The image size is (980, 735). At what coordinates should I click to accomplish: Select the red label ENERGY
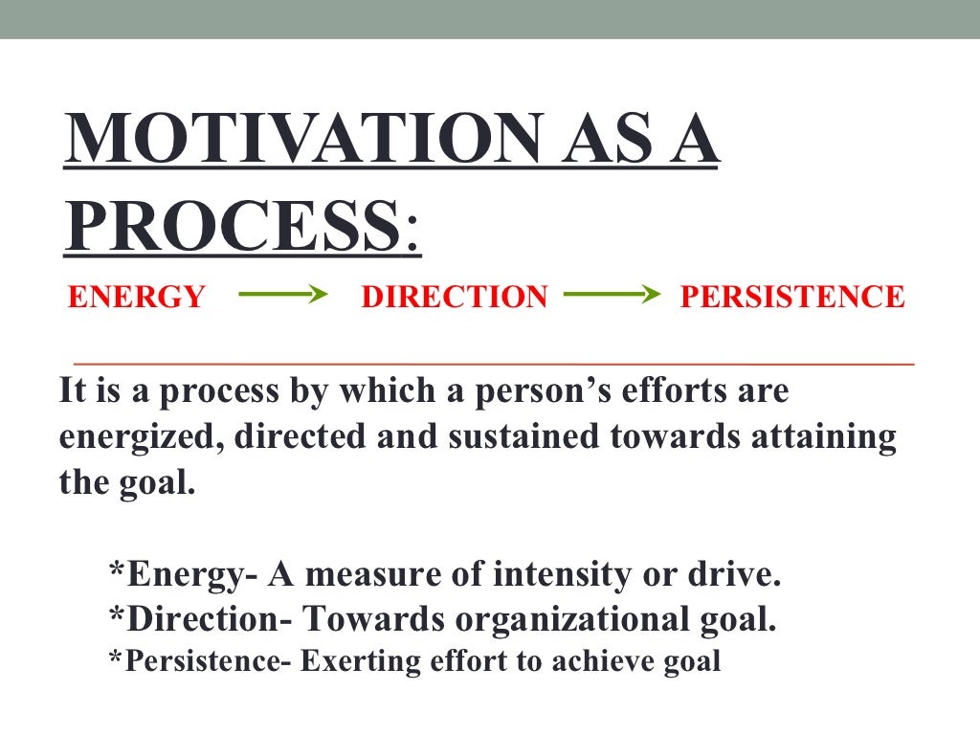pyautogui.click(x=137, y=298)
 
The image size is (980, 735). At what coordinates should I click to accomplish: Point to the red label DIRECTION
pyautogui.click(x=455, y=298)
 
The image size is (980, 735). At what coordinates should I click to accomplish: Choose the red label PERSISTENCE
pyautogui.click(x=791, y=298)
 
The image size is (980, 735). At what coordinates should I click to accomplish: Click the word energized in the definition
pyautogui.click(x=143, y=437)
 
